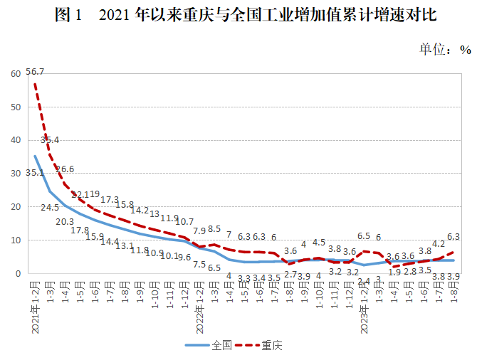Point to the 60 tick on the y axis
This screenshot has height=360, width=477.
(x=15, y=74)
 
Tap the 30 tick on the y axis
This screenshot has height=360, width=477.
(x=15, y=174)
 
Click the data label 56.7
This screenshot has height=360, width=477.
(x=35, y=72)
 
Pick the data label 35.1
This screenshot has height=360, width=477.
(x=35, y=173)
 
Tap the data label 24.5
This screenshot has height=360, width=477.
(x=51, y=208)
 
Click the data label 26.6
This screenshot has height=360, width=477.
(x=65, y=169)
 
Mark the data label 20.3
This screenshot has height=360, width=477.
(x=65, y=221)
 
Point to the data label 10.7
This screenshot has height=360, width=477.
(x=184, y=222)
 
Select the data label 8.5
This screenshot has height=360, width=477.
(x=214, y=229)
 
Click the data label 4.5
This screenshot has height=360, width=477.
(x=318, y=243)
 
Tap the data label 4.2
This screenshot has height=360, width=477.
(x=439, y=243)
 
